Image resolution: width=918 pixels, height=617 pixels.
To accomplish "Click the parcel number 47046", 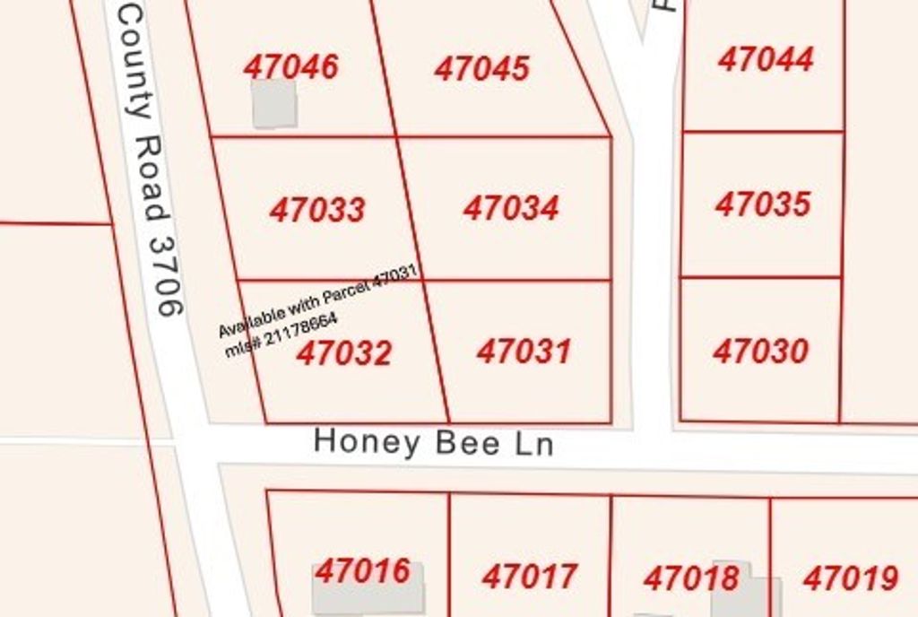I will [291, 67].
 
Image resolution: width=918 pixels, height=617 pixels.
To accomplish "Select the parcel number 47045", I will [482, 69].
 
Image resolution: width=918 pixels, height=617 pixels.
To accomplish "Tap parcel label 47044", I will [766, 60].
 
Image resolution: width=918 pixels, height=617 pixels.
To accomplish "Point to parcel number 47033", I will [317, 210].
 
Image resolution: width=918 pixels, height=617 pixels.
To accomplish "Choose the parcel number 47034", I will [511, 208].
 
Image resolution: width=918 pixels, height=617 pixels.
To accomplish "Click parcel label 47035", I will [763, 204].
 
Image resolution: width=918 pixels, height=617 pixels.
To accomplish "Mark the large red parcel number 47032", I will [344, 353].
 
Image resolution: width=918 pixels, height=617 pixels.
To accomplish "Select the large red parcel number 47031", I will [524, 351].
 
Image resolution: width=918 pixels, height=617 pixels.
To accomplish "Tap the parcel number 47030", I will [761, 351].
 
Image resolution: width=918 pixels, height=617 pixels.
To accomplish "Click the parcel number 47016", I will [363, 571].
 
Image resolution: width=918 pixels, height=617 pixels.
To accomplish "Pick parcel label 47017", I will [530, 577].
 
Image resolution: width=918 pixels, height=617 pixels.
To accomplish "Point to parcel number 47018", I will [691, 578].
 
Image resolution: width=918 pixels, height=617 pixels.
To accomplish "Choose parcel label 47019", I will [851, 578].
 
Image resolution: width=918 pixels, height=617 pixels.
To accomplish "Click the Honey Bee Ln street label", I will [434, 443].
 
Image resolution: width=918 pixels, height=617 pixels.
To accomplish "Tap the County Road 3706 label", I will [150, 161].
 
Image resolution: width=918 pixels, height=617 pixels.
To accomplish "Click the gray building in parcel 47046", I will [274, 104].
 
